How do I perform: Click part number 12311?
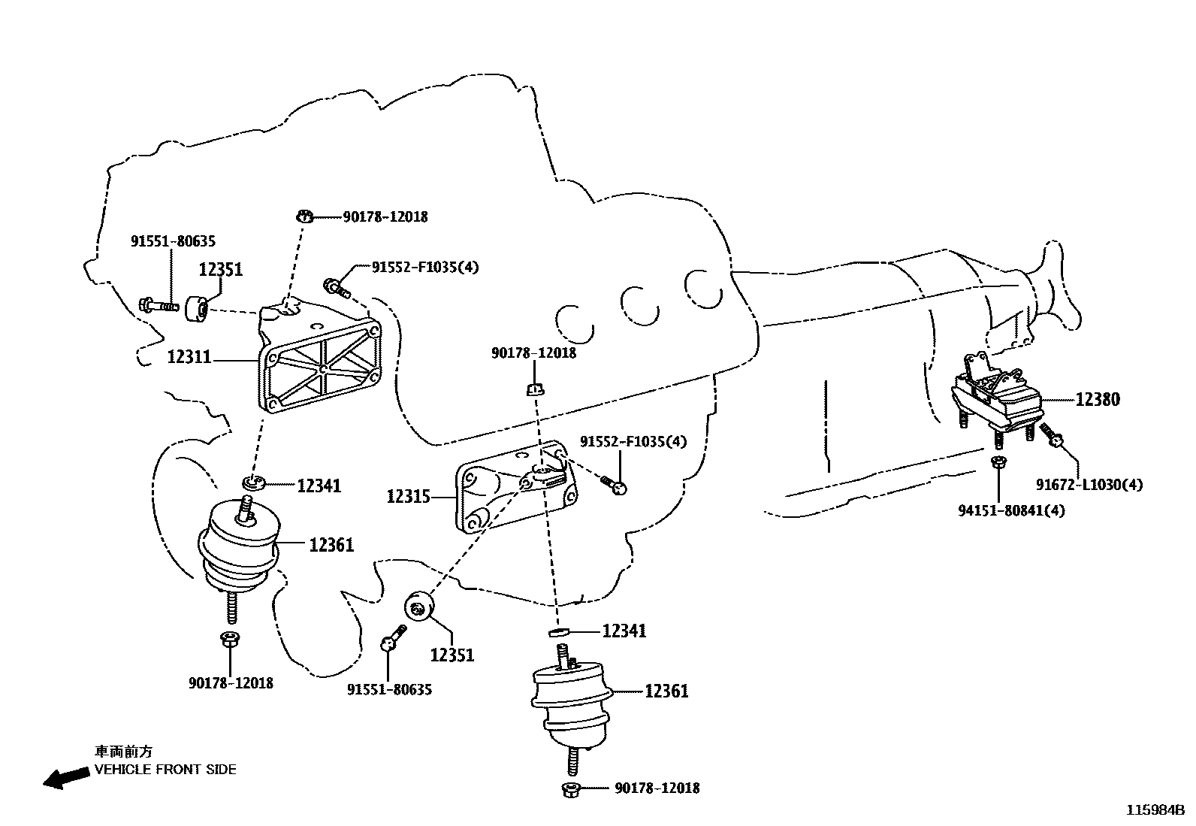pos(189,356)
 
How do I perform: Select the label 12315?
pos(409,496)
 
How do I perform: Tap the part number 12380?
pos(1098,399)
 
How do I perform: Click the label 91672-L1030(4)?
pos(1089,485)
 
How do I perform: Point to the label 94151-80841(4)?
pos(1011,511)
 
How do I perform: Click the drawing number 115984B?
pos(1155,810)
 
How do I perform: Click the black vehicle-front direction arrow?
pos(66,777)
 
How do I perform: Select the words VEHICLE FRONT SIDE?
pos(165,770)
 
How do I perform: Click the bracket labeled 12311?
pos(319,357)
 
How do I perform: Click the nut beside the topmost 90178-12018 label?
pos(304,216)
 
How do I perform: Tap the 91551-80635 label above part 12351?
pos(173,241)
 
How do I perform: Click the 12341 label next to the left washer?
pos(319,486)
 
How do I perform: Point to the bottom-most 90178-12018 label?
pos(657,788)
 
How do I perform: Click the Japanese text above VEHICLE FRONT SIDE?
pos(123,752)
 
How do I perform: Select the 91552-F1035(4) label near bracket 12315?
pos(633,441)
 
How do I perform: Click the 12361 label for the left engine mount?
pos(331,545)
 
